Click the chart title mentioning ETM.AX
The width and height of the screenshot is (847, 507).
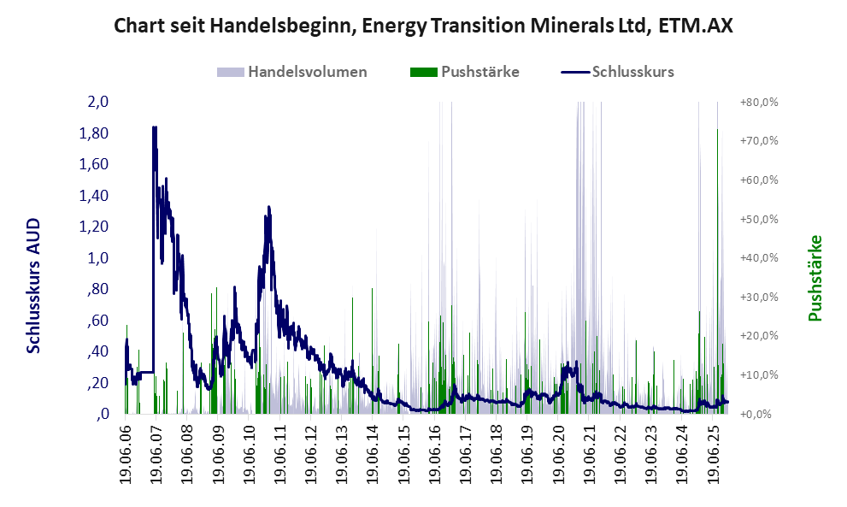(423, 26)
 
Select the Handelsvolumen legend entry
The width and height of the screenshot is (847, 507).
(307, 72)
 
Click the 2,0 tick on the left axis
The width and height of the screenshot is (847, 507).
(98, 102)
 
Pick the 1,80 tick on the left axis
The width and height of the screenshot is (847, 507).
(95, 133)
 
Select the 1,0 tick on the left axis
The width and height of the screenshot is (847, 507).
(98, 258)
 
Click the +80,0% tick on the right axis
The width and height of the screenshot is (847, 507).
(757, 102)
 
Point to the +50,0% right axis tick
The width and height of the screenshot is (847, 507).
(757, 219)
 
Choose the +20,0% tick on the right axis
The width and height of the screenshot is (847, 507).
(757, 336)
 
